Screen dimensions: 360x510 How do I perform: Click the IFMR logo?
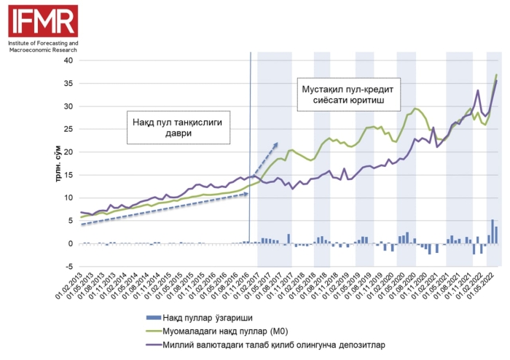point(42,20)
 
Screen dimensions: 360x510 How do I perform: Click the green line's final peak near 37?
point(497,74)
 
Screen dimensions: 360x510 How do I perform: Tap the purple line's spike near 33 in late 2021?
point(477,91)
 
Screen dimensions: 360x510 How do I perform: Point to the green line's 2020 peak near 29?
point(415,109)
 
